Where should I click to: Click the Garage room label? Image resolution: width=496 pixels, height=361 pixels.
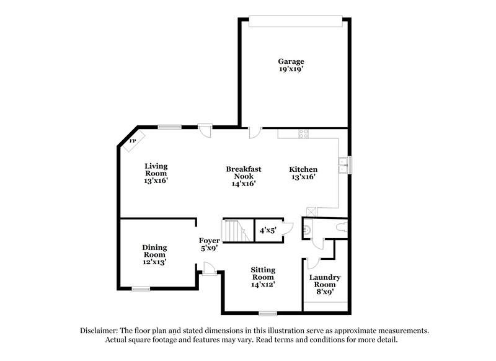[x=291, y=61]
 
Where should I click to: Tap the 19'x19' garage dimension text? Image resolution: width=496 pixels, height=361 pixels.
[x=291, y=69]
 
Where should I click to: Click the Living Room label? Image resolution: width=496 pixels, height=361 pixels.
[x=156, y=170]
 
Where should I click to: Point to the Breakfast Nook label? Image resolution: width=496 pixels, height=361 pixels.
[x=243, y=172]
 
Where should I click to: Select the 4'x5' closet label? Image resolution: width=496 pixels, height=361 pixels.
[x=268, y=231]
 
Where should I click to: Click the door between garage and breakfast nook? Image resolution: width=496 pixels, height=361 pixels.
[x=254, y=132]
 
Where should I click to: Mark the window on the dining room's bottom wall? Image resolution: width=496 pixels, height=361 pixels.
[x=141, y=288]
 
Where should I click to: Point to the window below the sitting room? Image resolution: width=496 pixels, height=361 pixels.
[x=268, y=313]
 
